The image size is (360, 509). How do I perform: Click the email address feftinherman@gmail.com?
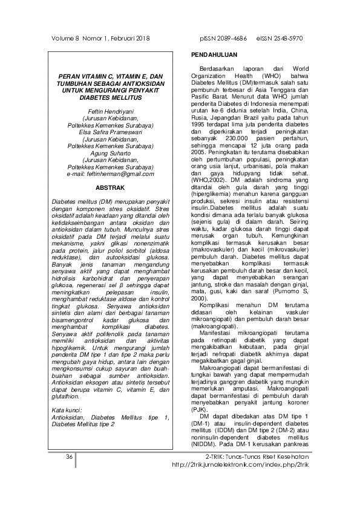[110, 173]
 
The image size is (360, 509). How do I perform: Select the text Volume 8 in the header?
[62, 38]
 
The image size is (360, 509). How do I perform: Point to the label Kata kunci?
[67, 411]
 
